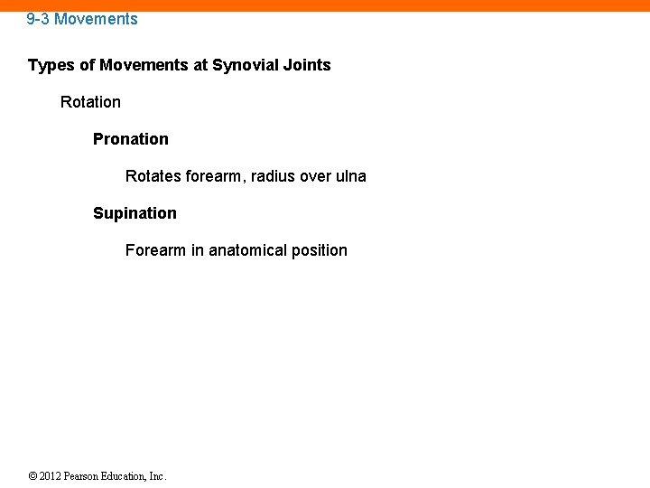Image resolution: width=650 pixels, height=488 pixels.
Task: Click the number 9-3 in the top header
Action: [x=38, y=19]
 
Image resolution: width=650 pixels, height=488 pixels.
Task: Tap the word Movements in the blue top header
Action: [x=96, y=19]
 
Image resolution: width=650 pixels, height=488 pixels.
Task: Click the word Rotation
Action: [x=90, y=102]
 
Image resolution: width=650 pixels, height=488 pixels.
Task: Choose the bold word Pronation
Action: [x=131, y=139]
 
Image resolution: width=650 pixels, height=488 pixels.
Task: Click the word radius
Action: [x=272, y=176]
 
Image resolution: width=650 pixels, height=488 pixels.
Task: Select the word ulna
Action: [x=351, y=176]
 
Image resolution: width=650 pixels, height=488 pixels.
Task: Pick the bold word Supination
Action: [x=135, y=213]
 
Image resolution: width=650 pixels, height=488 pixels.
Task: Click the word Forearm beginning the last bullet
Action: [x=155, y=250]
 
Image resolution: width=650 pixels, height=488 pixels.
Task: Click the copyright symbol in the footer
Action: [x=32, y=476]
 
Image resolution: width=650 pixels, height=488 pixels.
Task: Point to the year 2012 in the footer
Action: [x=51, y=476]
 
